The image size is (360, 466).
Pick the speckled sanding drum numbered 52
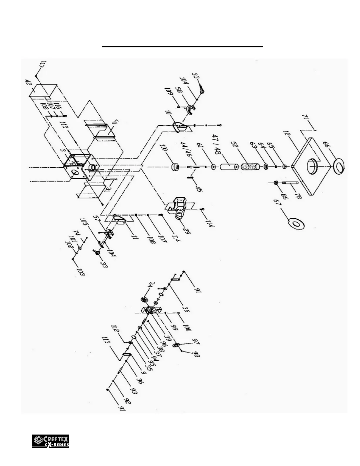(250, 167)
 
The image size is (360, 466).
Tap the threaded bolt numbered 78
(290, 183)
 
